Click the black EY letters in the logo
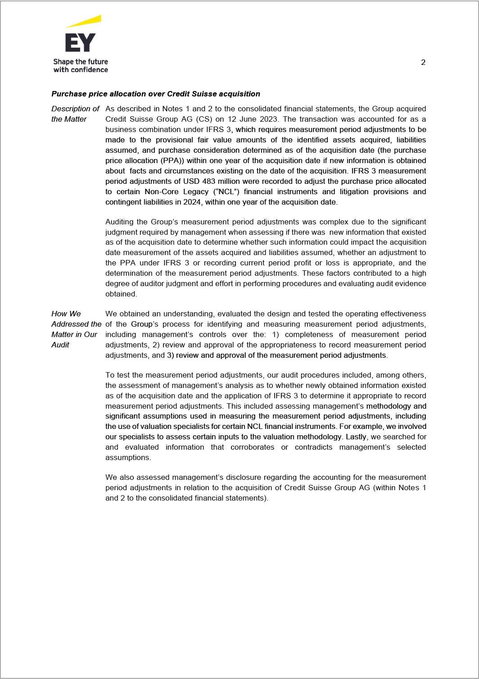pyautogui.click(x=80, y=43)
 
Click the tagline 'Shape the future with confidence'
pyautogui.click(x=81, y=65)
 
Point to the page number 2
pyautogui.click(x=423, y=63)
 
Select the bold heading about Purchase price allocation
pyautogui.click(x=156, y=94)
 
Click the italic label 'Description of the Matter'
pyautogui.click(x=75, y=114)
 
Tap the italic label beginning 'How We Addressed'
pyautogui.click(x=76, y=329)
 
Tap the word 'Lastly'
pyautogui.click(x=356, y=437)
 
